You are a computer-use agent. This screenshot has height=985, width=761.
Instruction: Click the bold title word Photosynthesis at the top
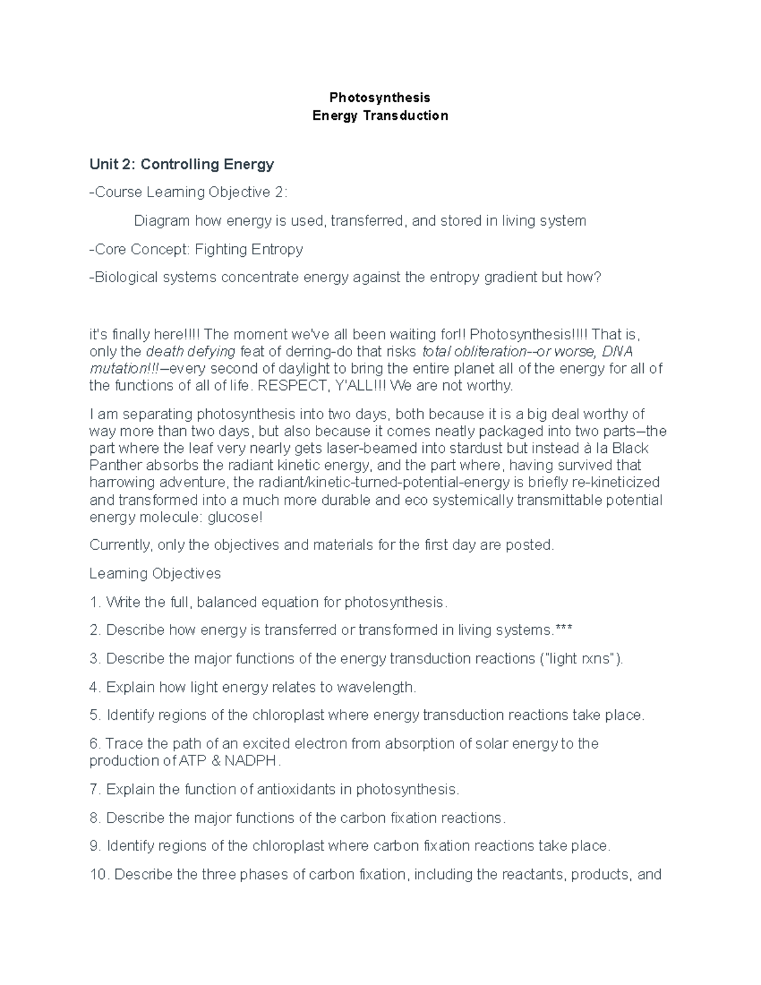(x=379, y=98)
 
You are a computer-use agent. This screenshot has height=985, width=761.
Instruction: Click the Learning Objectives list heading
(x=155, y=573)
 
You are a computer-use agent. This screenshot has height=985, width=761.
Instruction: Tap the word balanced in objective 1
(x=222, y=602)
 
